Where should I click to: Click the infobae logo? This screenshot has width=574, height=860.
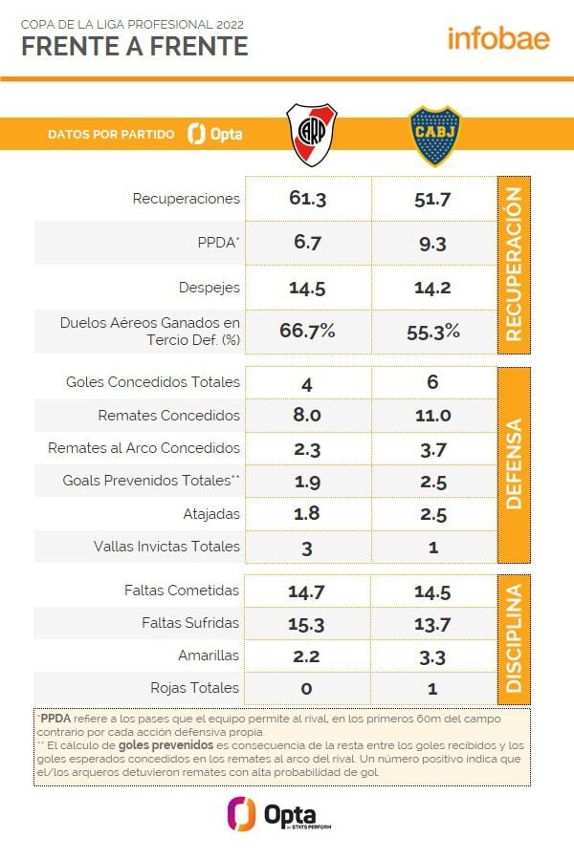(497, 38)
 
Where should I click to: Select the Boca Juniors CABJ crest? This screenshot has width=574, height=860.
(434, 136)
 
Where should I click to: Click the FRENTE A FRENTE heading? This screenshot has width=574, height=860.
(134, 46)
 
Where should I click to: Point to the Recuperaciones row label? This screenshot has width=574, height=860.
(187, 199)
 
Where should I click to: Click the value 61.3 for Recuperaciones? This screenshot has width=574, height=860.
(307, 199)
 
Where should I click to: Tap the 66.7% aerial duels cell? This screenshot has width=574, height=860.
(307, 331)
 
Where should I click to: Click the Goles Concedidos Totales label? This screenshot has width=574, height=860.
(153, 382)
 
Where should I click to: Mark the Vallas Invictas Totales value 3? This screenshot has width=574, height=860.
(307, 547)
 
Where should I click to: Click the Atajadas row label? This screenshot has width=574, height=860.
(211, 514)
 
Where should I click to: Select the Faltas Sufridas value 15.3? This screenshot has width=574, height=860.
(307, 623)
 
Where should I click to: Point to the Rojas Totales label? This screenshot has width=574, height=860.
(195, 688)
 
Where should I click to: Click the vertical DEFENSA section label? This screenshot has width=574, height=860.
(513, 463)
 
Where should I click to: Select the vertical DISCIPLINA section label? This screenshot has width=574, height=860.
(513, 637)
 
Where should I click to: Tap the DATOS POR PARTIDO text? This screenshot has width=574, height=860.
(112, 135)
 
